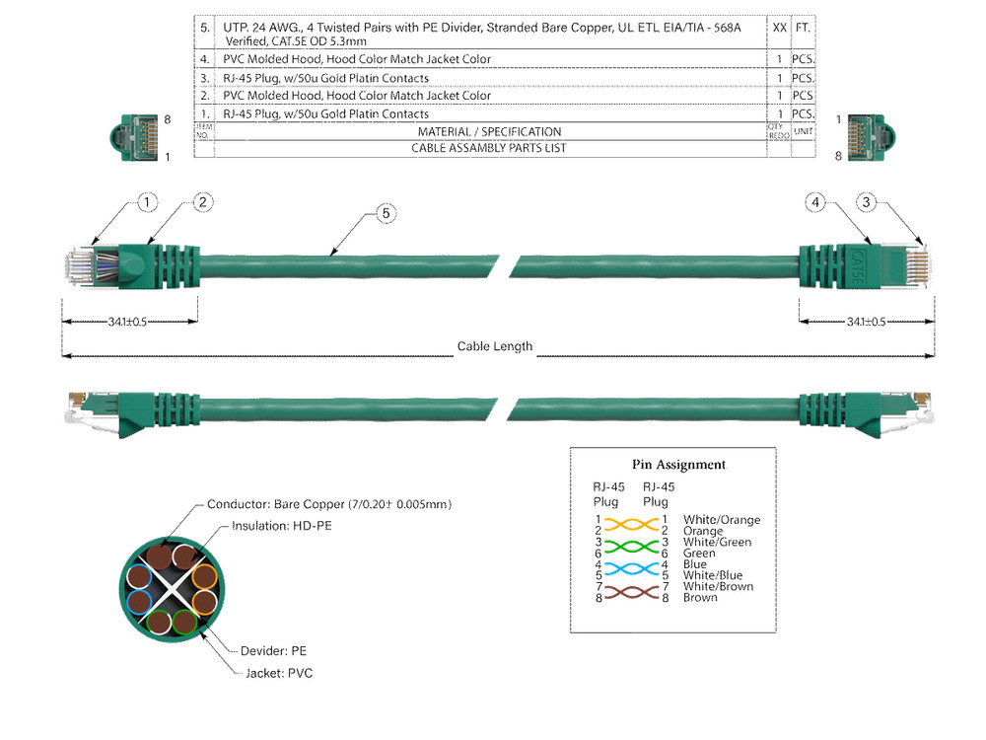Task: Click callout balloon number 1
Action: coord(146,202)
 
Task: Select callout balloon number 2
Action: coord(202,202)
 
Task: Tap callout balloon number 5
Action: coord(386,213)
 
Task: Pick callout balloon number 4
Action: coord(814,202)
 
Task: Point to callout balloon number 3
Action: coord(867,202)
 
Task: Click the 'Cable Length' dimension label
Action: coord(494,346)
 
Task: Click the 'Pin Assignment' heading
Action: coord(678,465)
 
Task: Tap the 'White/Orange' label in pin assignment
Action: coord(721,520)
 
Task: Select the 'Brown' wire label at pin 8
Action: coord(700,598)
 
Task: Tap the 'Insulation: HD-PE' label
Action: coord(281,526)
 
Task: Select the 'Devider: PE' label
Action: coord(273,651)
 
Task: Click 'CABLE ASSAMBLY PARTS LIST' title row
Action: coord(489,149)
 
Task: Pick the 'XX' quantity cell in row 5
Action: coord(779,29)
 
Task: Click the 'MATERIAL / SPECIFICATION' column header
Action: coord(489,132)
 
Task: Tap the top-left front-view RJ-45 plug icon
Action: coord(134,136)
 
